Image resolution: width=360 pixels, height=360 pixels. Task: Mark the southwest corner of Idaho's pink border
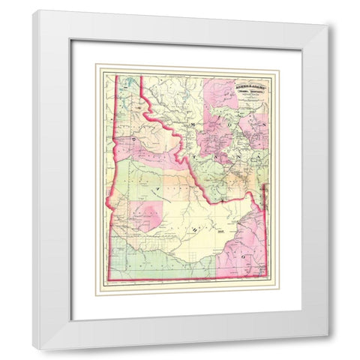coord(110,279)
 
